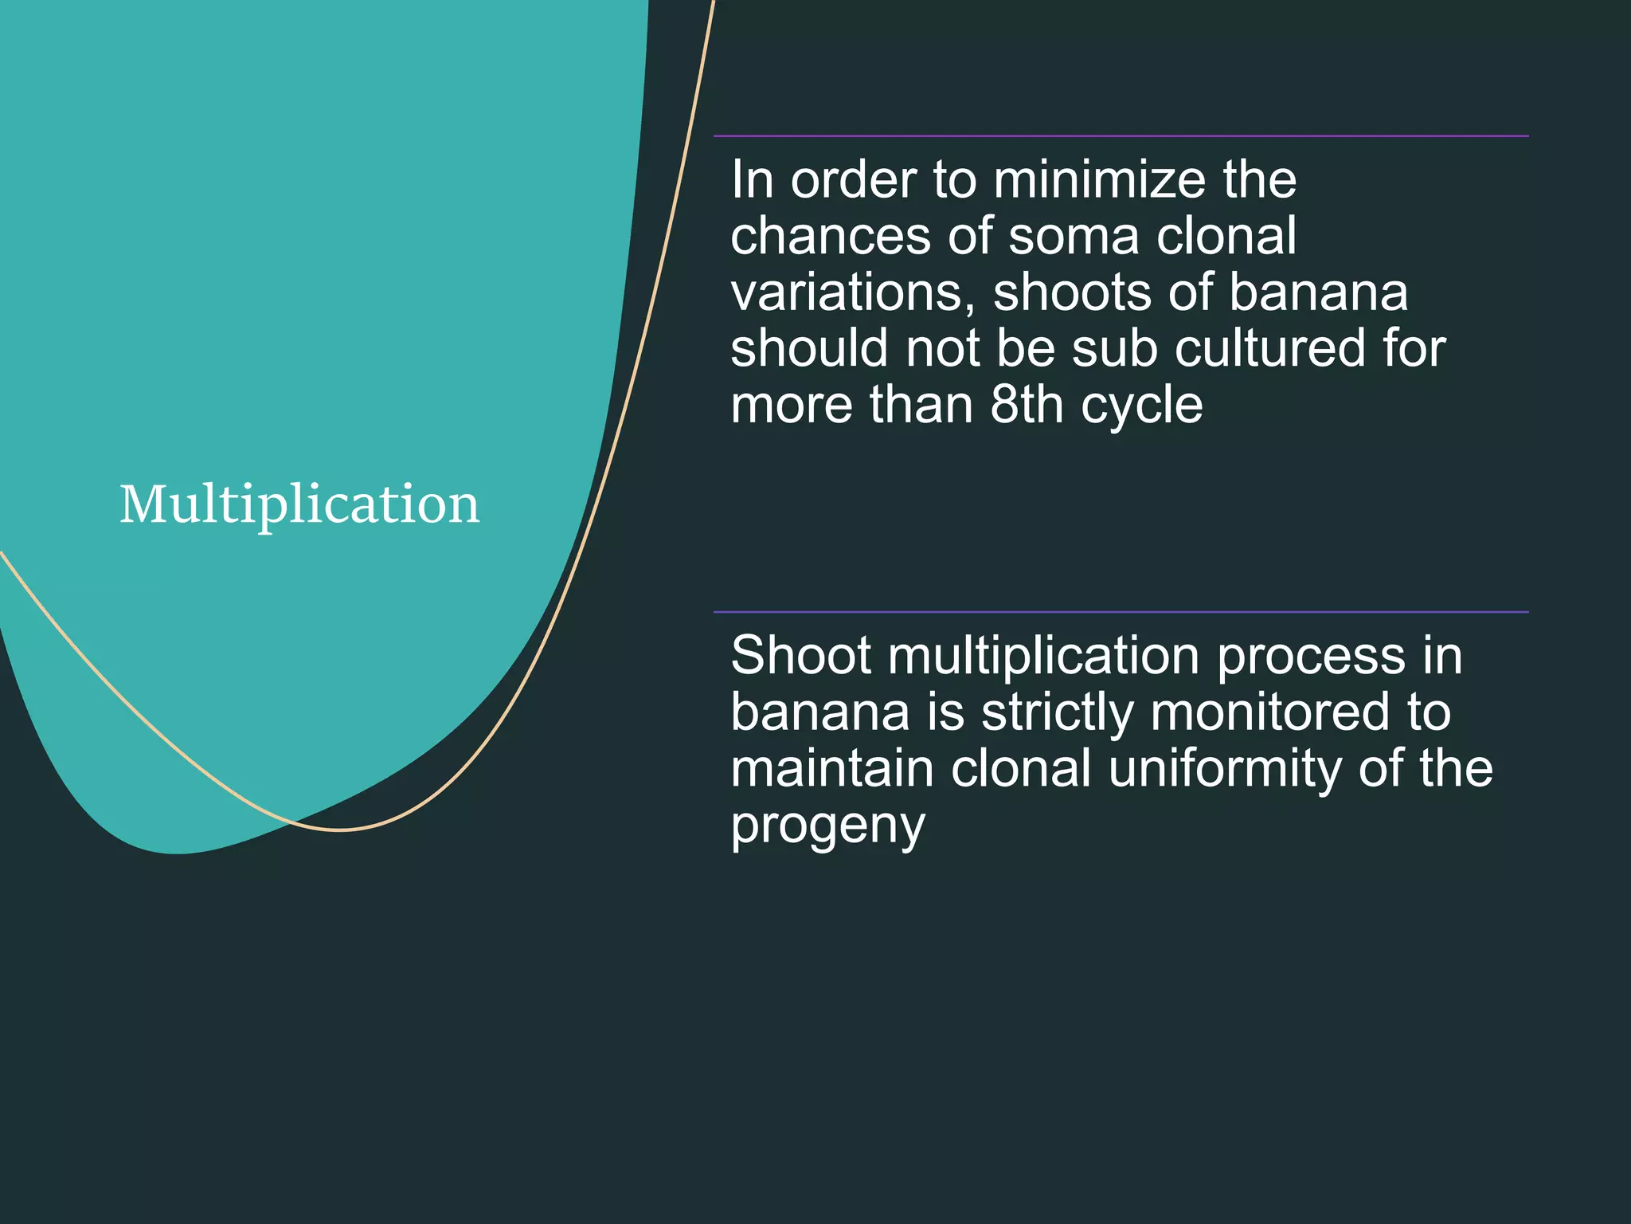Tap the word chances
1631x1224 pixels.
[x=831, y=237]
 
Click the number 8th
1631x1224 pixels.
[x=1027, y=406]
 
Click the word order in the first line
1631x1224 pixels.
[x=853, y=180]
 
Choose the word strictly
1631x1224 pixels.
[x=1058, y=713]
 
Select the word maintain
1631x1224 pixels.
[x=832, y=768]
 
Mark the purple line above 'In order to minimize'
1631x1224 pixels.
[x=1121, y=136]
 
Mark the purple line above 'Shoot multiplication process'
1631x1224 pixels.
[x=1121, y=612]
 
